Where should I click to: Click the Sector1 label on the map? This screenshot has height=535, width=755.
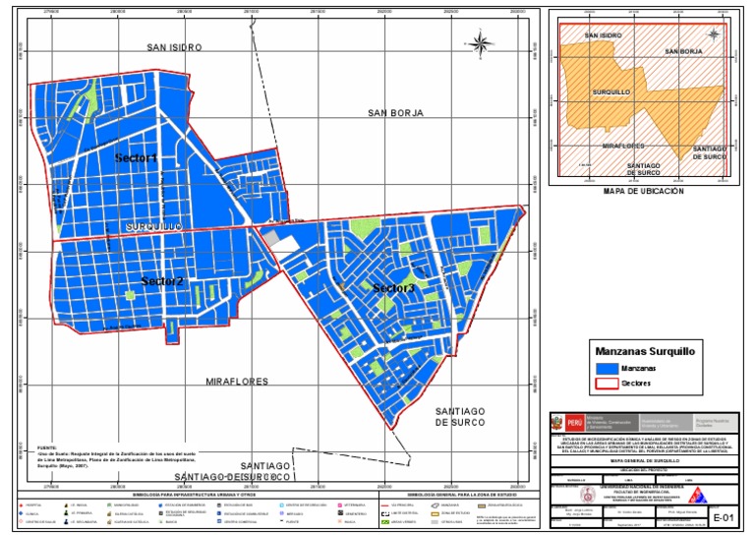pos(136,158)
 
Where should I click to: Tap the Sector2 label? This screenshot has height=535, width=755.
pos(161,281)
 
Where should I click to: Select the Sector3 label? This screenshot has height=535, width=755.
pos(392,288)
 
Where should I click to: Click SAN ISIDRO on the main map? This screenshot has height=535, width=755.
pos(174,46)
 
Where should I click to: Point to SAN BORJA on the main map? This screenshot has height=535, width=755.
pos(395,113)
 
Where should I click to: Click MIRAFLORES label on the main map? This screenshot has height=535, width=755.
pos(238,379)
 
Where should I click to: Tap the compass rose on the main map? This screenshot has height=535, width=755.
pos(480,42)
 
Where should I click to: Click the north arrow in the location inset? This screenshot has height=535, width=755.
pos(716,34)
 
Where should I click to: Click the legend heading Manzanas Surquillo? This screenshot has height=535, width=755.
pos(645,349)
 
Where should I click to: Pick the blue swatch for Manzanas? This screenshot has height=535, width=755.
pos(607,366)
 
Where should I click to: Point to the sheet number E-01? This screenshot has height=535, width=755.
pos(723,515)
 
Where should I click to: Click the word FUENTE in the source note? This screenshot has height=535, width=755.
pos(47,446)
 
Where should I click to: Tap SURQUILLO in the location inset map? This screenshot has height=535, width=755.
pos(610,91)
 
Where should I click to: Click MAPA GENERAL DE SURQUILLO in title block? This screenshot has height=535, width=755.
pos(643,458)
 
